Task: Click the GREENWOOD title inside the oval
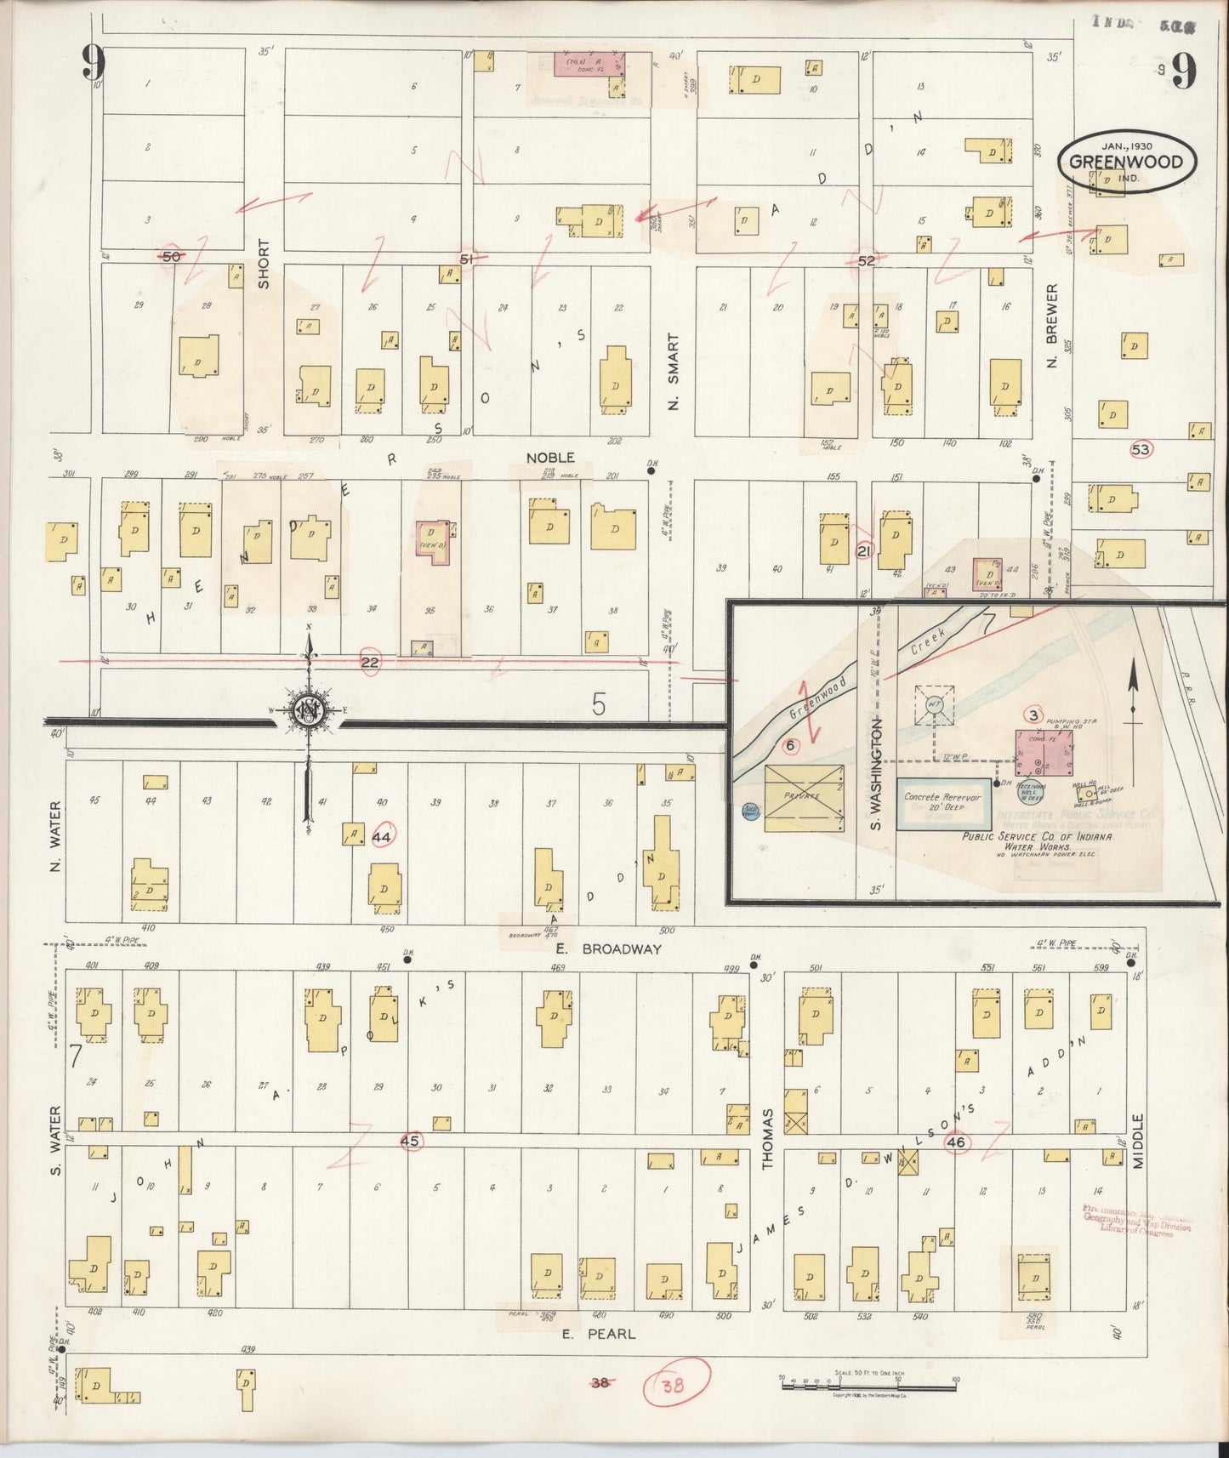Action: [1126, 162]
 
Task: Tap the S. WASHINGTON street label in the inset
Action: [876, 774]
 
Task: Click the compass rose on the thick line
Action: [307, 710]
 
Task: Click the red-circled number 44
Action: [382, 838]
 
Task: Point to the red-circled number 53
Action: [1141, 448]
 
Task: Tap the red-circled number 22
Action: [370, 662]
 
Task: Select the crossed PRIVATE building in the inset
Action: [804, 797]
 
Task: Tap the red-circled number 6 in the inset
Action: [790, 746]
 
